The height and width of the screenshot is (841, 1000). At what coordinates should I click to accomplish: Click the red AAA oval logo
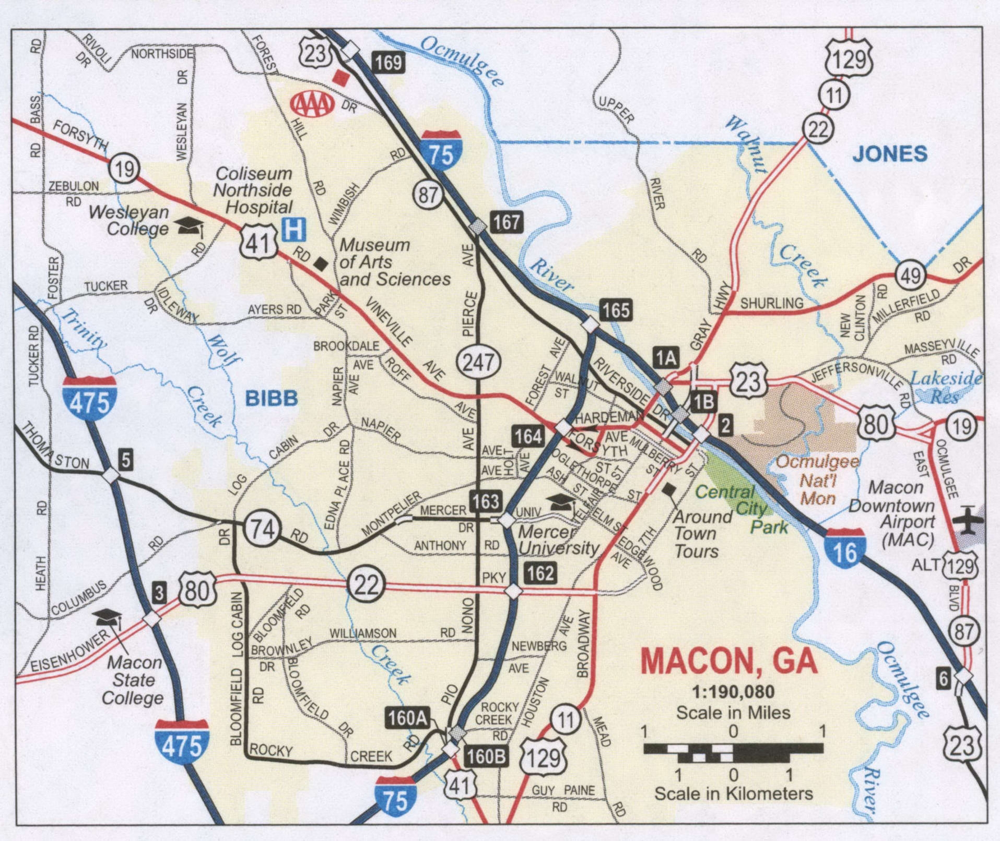click(x=312, y=104)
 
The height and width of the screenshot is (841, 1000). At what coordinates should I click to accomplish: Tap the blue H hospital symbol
click(x=293, y=230)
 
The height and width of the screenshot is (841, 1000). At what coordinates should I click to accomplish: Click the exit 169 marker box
click(x=389, y=63)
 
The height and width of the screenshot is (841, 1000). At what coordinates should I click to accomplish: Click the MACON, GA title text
click(x=729, y=662)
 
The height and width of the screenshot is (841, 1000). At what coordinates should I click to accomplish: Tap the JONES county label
click(x=890, y=153)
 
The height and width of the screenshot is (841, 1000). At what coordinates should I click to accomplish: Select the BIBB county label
click(x=272, y=399)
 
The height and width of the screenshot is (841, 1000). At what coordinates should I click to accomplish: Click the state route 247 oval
click(x=478, y=362)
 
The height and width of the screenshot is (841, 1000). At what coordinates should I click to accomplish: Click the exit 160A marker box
click(x=407, y=718)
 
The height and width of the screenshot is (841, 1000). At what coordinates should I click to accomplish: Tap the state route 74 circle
click(x=262, y=530)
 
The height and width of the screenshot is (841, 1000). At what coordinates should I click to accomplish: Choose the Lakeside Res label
click(x=946, y=387)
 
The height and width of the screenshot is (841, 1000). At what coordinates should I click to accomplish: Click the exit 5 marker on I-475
click(x=125, y=460)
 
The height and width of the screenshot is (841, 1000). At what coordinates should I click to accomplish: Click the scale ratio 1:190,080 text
click(x=733, y=692)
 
